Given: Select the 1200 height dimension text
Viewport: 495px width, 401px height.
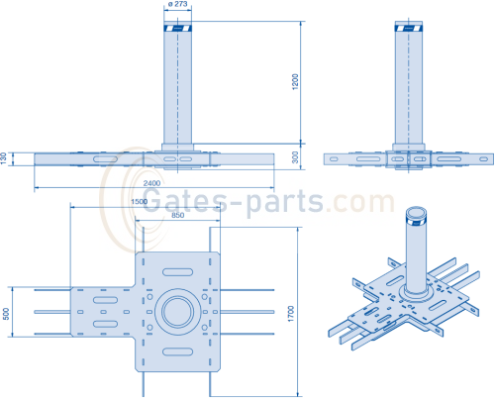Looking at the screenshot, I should (294, 82).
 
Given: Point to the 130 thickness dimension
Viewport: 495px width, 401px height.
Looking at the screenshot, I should (4, 158).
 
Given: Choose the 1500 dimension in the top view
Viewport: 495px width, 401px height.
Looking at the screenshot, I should (141, 202).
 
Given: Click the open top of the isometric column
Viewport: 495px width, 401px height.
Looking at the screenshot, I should (416, 213).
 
